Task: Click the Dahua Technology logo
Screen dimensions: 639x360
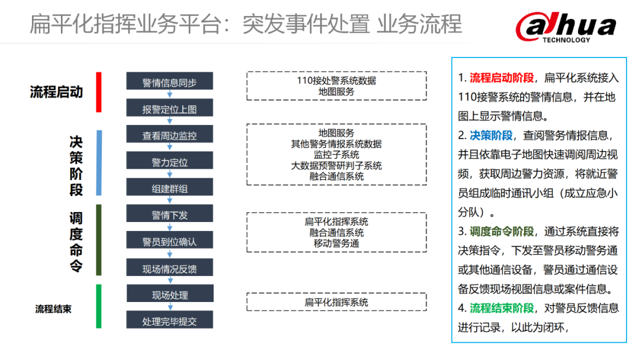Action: [x=566, y=26]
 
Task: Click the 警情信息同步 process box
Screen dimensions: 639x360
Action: [x=169, y=82]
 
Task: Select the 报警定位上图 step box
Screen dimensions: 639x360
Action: [x=169, y=108]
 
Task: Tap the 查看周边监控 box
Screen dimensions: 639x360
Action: [x=169, y=135]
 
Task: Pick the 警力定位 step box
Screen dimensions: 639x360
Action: [x=169, y=162]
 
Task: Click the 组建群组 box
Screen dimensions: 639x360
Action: [x=169, y=188]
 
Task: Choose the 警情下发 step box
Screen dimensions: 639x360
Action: [x=169, y=214]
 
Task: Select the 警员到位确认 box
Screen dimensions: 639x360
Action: [x=169, y=241]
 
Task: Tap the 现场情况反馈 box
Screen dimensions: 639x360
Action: [x=169, y=268]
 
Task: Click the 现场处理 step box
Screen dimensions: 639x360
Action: [x=169, y=294]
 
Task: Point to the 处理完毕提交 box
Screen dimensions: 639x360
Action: [x=169, y=320]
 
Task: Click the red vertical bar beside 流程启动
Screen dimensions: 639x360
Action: [x=99, y=92]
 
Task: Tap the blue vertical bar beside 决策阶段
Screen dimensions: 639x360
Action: [x=99, y=162]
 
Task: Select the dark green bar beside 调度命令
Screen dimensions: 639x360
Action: [x=99, y=240]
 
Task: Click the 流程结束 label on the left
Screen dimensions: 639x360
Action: [x=53, y=308]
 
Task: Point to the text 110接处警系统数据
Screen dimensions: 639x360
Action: [x=336, y=81]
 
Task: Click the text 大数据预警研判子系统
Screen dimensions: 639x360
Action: [x=336, y=166]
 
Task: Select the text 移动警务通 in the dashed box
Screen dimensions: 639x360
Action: [x=336, y=243]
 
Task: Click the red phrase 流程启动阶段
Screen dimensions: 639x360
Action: [x=502, y=78]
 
